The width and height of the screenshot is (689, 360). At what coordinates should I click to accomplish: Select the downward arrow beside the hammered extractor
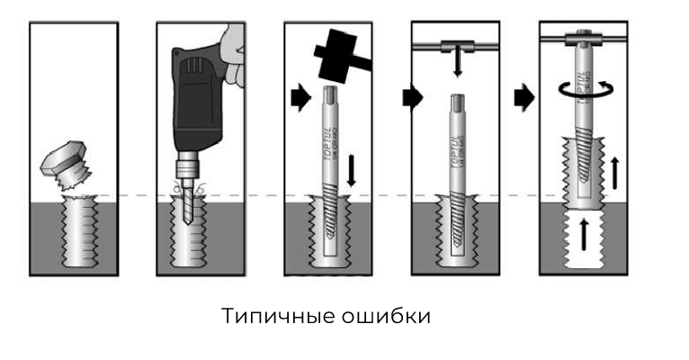(x=353, y=171)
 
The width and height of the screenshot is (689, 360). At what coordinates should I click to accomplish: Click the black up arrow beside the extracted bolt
(x=616, y=171)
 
